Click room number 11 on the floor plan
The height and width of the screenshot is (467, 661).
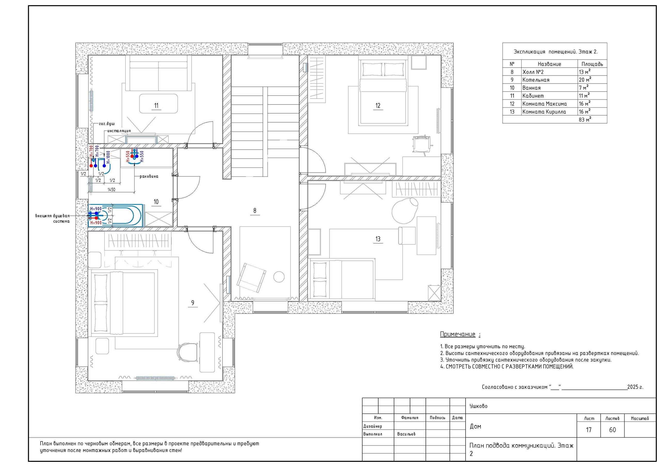point(156,106)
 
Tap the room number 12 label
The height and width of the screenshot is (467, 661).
point(378,106)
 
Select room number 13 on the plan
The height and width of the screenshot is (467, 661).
point(378,239)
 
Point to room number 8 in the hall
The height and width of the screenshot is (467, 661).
point(255,211)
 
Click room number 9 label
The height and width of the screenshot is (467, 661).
point(193,303)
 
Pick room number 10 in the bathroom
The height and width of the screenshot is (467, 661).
point(156,202)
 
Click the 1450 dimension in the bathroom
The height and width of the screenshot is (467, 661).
point(111,190)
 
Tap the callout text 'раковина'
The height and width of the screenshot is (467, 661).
point(149,176)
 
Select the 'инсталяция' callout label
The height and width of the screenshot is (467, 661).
point(119,131)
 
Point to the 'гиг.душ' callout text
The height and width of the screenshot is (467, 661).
point(107,124)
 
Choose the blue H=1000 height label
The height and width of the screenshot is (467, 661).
point(108,157)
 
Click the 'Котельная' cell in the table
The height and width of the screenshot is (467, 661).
point(536,80)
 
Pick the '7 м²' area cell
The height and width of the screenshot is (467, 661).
point(584,87)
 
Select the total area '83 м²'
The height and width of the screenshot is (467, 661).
point(585,119)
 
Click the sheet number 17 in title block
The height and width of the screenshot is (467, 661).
point(589,430)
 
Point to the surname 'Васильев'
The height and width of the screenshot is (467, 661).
point(406,434)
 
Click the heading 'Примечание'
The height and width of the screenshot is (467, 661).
point(458,334)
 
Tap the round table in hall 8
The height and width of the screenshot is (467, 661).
point(279,277)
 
